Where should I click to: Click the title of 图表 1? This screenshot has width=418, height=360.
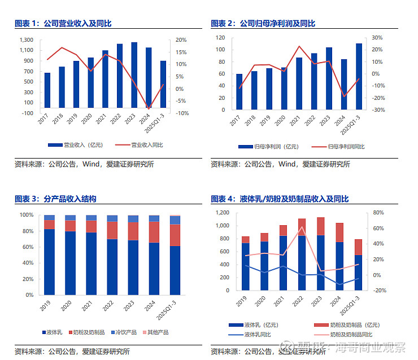(x=63, y=24)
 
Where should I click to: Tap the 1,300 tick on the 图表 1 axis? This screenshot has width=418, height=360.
(x=26, y=40)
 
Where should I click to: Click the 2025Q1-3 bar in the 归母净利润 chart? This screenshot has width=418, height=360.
(x=359, y=76)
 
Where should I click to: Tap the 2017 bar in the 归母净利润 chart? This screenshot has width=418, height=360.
(x=239, y=91)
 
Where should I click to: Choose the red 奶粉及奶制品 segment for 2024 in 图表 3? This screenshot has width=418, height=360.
(x=154, y=232)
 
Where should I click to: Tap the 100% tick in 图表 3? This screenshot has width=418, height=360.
(x=26, y=215)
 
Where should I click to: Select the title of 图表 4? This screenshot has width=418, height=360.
(x=280, y=199)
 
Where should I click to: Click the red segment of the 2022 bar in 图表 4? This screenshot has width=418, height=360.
(x=302, y=227)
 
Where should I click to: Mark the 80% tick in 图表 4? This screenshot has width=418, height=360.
(x=378, y=213)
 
